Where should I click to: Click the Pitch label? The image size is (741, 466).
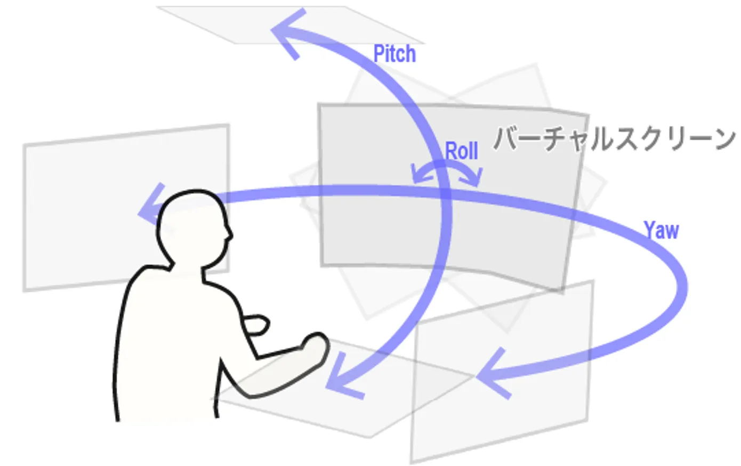(394, 54)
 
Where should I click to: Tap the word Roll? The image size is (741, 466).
(461, 151)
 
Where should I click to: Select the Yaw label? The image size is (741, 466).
(661, 230)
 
